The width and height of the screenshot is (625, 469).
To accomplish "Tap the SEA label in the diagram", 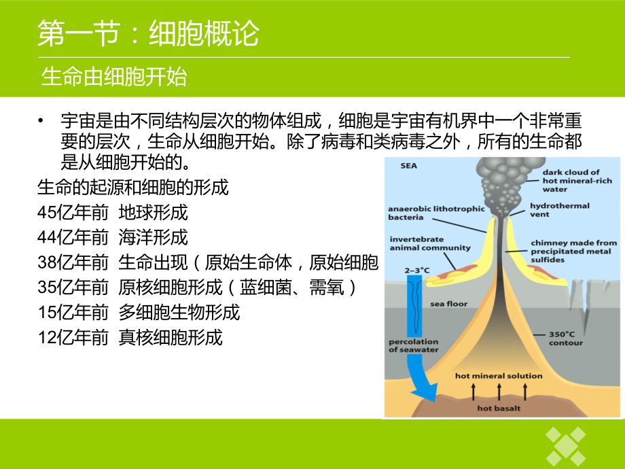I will (408, 165).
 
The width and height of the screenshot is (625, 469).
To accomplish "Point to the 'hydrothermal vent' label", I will (559, 209).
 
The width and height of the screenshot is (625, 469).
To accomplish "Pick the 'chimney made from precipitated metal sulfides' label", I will (573, 251).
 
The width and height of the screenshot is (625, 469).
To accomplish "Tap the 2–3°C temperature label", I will (417, 271).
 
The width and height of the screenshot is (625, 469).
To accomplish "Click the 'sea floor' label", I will (448, 304).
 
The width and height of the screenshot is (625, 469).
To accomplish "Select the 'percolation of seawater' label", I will (413, 345).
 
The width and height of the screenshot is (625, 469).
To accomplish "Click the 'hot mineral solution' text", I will (499, 375).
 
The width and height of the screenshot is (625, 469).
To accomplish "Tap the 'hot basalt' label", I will (499, 409).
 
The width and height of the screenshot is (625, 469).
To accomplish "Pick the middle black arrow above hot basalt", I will (499, 391).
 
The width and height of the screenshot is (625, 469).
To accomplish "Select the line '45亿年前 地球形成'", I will (113, 212).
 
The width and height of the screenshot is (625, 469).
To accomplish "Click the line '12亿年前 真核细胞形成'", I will (130, 337).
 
